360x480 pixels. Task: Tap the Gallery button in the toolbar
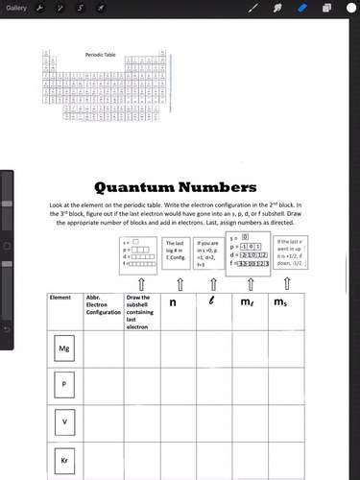point(16,8)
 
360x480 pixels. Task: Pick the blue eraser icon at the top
point(301,8)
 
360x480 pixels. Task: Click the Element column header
point(62,299)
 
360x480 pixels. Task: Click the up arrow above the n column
point(180,284)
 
